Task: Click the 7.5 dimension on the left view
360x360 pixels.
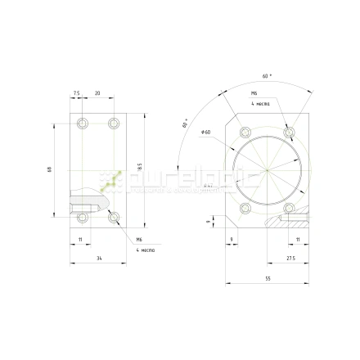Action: click(x=76, y=93)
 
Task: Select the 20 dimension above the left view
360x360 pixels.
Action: click(x=97, y=93)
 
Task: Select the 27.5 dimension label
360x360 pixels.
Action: click(x=290, y=258)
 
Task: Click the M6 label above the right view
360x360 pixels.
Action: click(x=254, y=94)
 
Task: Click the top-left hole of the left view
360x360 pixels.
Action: click(x=81, y=124)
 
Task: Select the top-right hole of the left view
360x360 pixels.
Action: click(x=114, y=124)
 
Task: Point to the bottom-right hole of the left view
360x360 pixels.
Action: click(x=114, y=217)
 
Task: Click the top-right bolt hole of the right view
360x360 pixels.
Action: click(x=288, y=132)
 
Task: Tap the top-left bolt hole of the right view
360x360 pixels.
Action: click(x=243, y=132)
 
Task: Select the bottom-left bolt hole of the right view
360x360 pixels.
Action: click(x=243, y=209)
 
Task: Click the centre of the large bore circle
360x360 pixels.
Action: click(x=266, y=171)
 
